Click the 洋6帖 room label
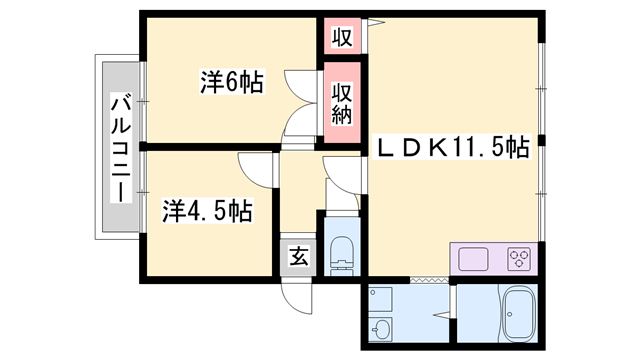click(231, 83)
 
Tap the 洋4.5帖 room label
click(207, 211)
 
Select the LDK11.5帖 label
click(452, 149)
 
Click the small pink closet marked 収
click(342, 38)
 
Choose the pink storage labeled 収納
click(342, 104)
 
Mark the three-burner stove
click(518, 259)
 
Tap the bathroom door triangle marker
click(451, 300)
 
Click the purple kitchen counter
click(494, 259)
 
